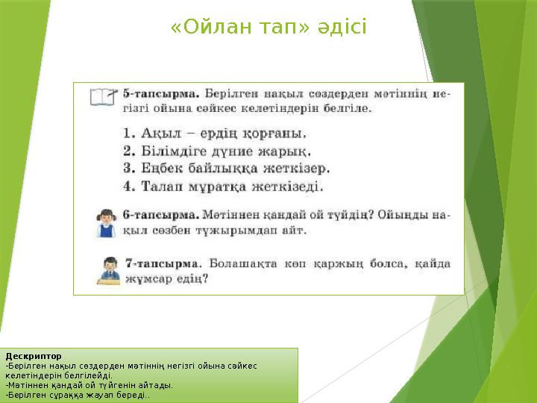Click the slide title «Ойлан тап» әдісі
pos(268,27)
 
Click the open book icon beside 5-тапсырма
pos(102,97)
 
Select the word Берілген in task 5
pos(232,95)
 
